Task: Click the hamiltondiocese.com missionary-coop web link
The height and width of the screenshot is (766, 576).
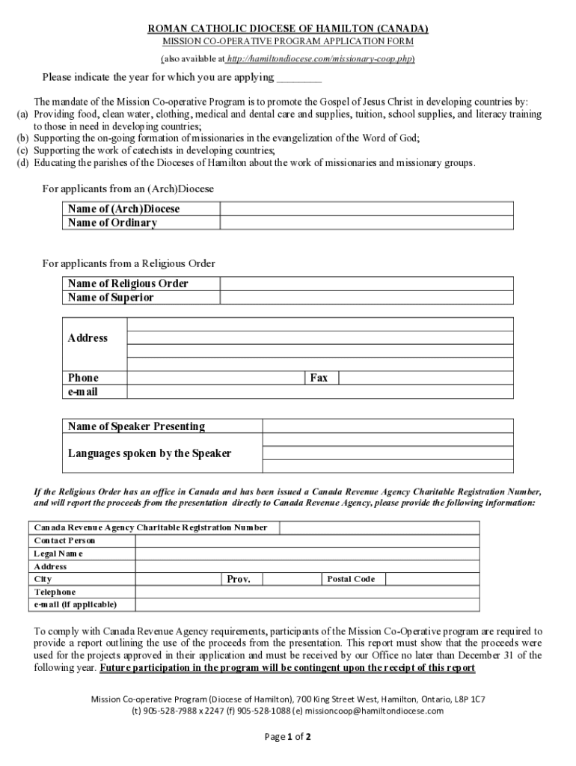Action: tap(320, 58)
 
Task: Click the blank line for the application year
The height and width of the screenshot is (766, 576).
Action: tap(299, 77)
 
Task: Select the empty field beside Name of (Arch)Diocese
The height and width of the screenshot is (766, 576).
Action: tap(366, 209)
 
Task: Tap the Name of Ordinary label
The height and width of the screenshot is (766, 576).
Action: tap(112, 223)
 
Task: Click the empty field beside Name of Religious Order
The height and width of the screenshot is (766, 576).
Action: tap(366, 284)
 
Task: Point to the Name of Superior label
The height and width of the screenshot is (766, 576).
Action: tap(111, 298)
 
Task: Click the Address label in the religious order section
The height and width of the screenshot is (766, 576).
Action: tap(88, 338)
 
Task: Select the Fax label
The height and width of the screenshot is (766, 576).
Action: tap(319, 378)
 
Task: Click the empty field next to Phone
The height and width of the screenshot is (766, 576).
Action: tap(216, 378)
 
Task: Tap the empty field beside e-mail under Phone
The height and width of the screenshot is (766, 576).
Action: tap(320, 392)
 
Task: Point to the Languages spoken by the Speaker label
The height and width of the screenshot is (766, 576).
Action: tap(150, 453)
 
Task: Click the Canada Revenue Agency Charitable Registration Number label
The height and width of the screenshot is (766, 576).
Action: tap(150, 527)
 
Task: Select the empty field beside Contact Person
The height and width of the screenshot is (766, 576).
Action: tap(307, 540)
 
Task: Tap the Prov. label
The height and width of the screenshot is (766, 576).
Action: tap(239, 579)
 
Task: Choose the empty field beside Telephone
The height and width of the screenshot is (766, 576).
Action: tap(307, 592)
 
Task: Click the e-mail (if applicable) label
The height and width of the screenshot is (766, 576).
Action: tap(75, 604)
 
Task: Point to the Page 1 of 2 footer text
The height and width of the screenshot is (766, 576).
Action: tap(288, 737)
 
